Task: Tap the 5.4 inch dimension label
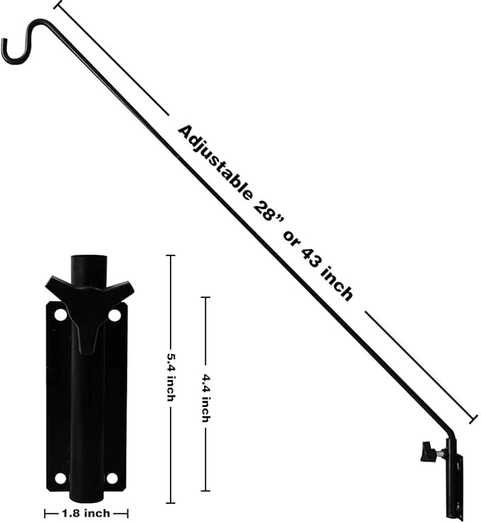point(170,377)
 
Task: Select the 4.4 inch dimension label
point(205,398)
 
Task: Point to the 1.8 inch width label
point(86,513)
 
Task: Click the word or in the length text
point(290,237)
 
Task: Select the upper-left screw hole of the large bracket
point(60,313)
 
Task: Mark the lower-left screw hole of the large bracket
point(60,478)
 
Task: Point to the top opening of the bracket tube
point(89,260)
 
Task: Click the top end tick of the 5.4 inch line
point(170,255)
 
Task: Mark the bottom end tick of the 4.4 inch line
point(205,490)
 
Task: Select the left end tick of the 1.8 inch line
point(45,513)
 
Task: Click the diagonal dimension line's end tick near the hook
point(57,6)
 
